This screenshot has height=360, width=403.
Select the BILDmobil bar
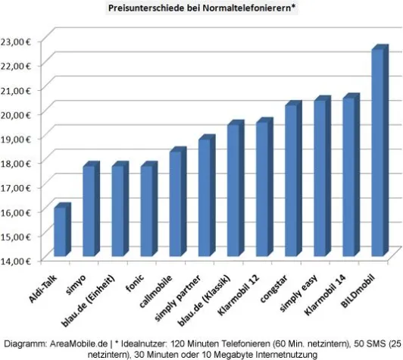pyautogui.click(x=378, y=152)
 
